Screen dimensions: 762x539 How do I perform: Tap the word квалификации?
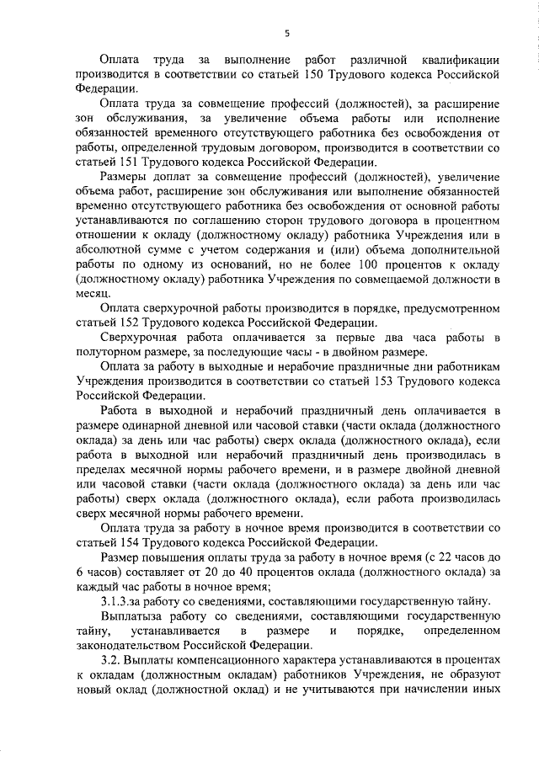[460, 60]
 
